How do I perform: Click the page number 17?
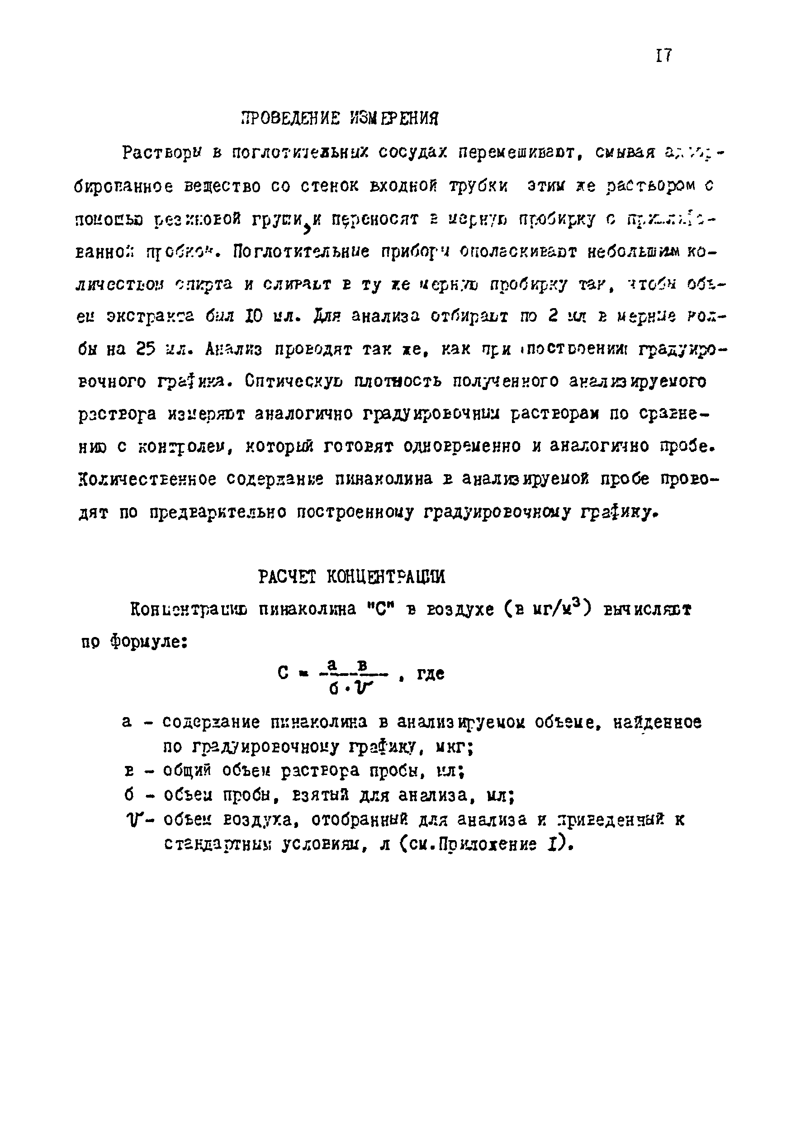[663, 56]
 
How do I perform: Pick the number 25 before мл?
[146, 349]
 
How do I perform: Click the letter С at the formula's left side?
[282, 673]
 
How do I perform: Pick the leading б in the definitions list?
[128, 795]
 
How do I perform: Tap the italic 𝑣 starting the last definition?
[132, 819]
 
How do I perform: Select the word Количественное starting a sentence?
[147, 480]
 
